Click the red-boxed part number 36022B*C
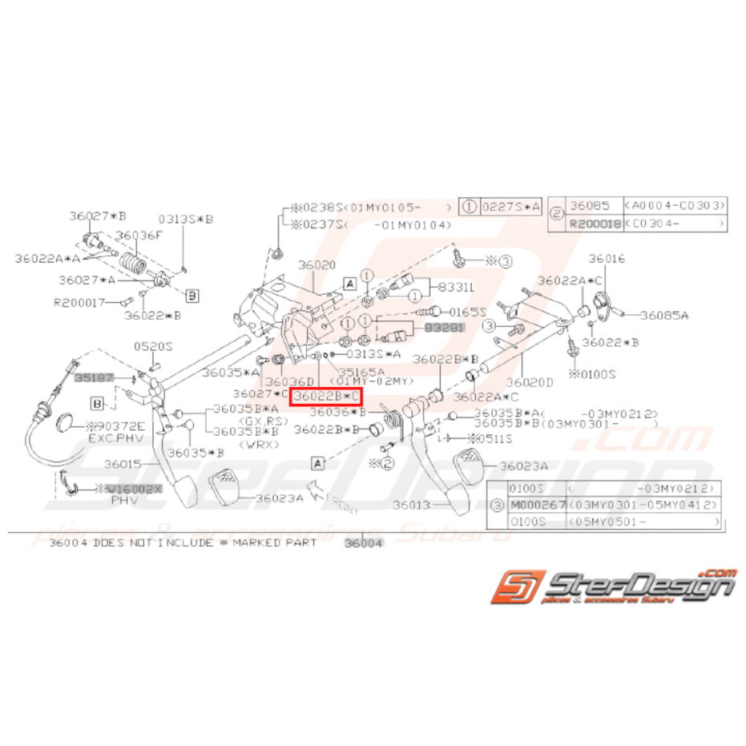(325, 396)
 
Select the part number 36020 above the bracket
(317, 264)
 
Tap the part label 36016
(607, 259)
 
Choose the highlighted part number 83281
(444, 328)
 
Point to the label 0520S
(153, 346)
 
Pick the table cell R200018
(595, 224)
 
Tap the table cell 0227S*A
(510, 206)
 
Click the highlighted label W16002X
(129, 488)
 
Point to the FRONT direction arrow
(329, 501)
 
